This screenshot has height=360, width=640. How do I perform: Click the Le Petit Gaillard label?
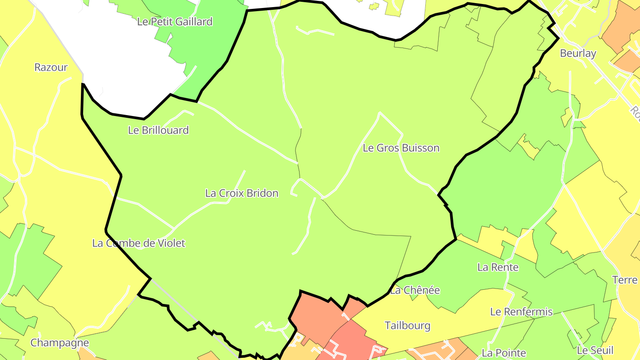175,21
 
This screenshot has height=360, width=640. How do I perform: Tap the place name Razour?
51,67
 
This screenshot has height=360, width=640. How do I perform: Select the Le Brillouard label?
158,130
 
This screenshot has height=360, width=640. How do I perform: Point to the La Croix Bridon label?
242,193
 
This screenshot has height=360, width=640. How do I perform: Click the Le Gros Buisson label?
401,148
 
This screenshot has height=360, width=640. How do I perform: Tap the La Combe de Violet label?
139,243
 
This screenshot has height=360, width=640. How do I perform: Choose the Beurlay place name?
578,53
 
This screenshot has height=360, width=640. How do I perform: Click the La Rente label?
498,267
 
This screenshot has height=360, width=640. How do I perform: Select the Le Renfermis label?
521,312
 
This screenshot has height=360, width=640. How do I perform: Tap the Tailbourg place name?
408,326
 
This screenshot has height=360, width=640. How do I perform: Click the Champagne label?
60,343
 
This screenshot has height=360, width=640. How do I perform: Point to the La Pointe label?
500,353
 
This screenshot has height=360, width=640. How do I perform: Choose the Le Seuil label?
595,350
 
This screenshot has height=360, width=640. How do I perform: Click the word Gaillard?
193,21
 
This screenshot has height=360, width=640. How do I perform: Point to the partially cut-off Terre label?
624,280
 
